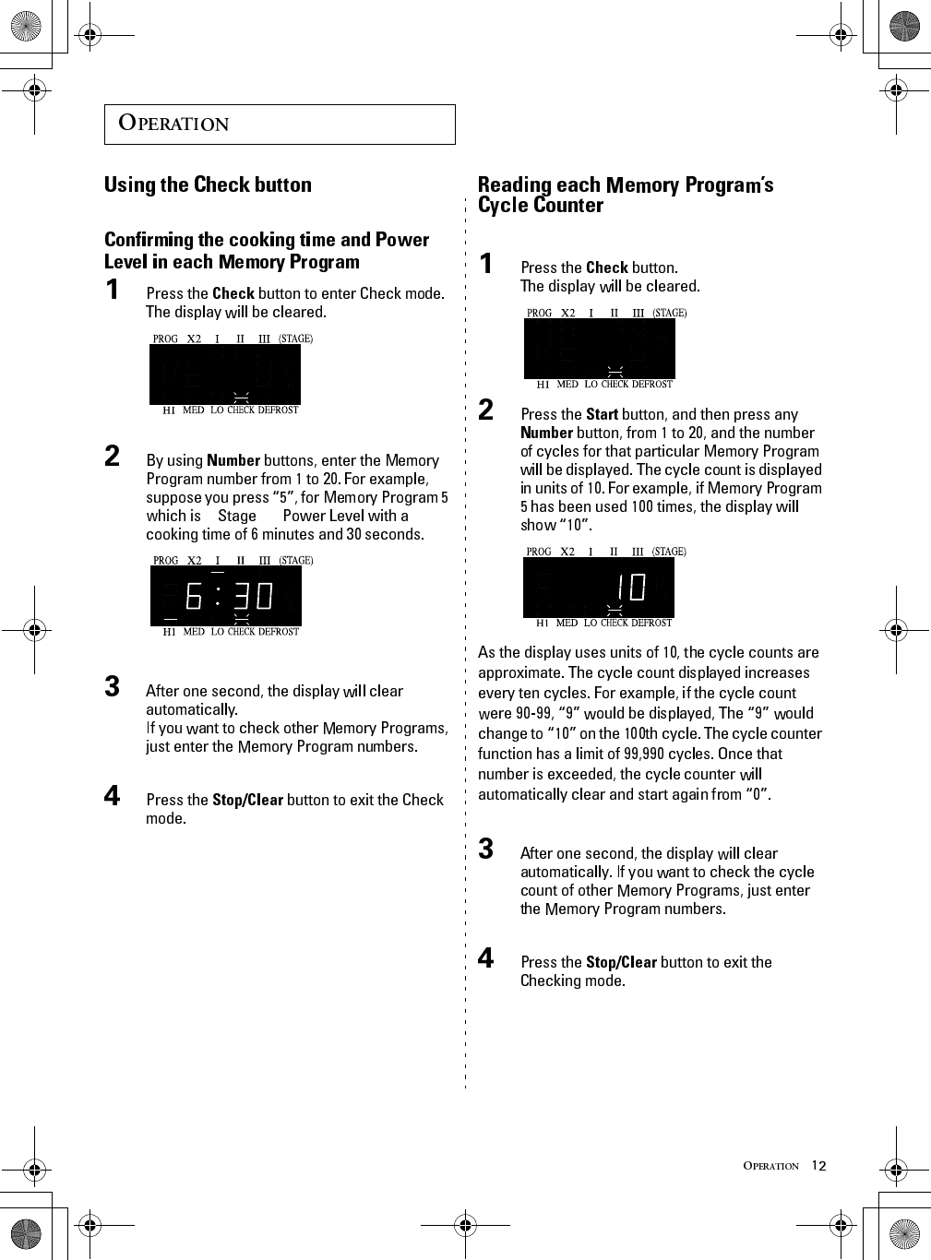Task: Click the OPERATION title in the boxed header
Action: tap(174, 124)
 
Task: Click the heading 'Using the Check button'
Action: tap(208, 184)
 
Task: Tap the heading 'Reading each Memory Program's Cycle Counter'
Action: tap(625, 195)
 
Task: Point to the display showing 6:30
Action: tap(226, 596)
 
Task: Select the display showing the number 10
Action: tap(599, 588)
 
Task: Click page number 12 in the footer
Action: tap(818, 1166)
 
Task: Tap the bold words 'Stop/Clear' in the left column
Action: tap(247, 800)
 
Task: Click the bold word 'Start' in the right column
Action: tap(602, 414)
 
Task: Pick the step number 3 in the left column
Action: tap(113, 686)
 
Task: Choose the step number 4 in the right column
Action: tap(486, 957)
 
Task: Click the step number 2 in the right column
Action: tap(486, 410)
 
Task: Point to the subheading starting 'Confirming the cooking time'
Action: tap(267, 250)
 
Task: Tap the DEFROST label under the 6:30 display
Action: tap(279, 632)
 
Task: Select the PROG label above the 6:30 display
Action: tap(166, 560)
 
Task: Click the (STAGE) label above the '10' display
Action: tap(669, 552)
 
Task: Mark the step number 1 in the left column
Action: tap(113, 290)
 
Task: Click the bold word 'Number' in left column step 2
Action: tap(233, 460)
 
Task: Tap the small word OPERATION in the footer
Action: tap(771, 1166)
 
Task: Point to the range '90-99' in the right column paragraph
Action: tap(534, 713)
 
